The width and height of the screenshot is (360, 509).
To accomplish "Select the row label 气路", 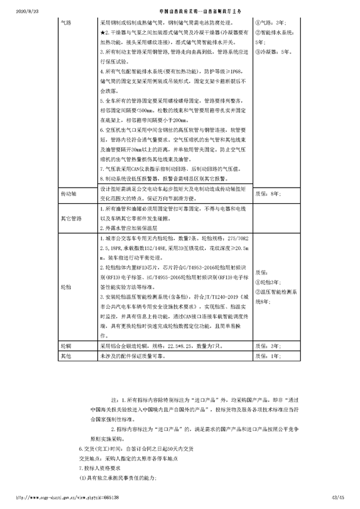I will (x=67, y=22).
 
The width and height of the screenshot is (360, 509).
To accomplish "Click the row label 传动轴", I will (x=70, y=195).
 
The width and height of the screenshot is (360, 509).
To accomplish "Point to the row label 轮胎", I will (x=67, y=287).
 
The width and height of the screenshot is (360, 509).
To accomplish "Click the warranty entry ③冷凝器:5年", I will (x=274, y=52).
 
